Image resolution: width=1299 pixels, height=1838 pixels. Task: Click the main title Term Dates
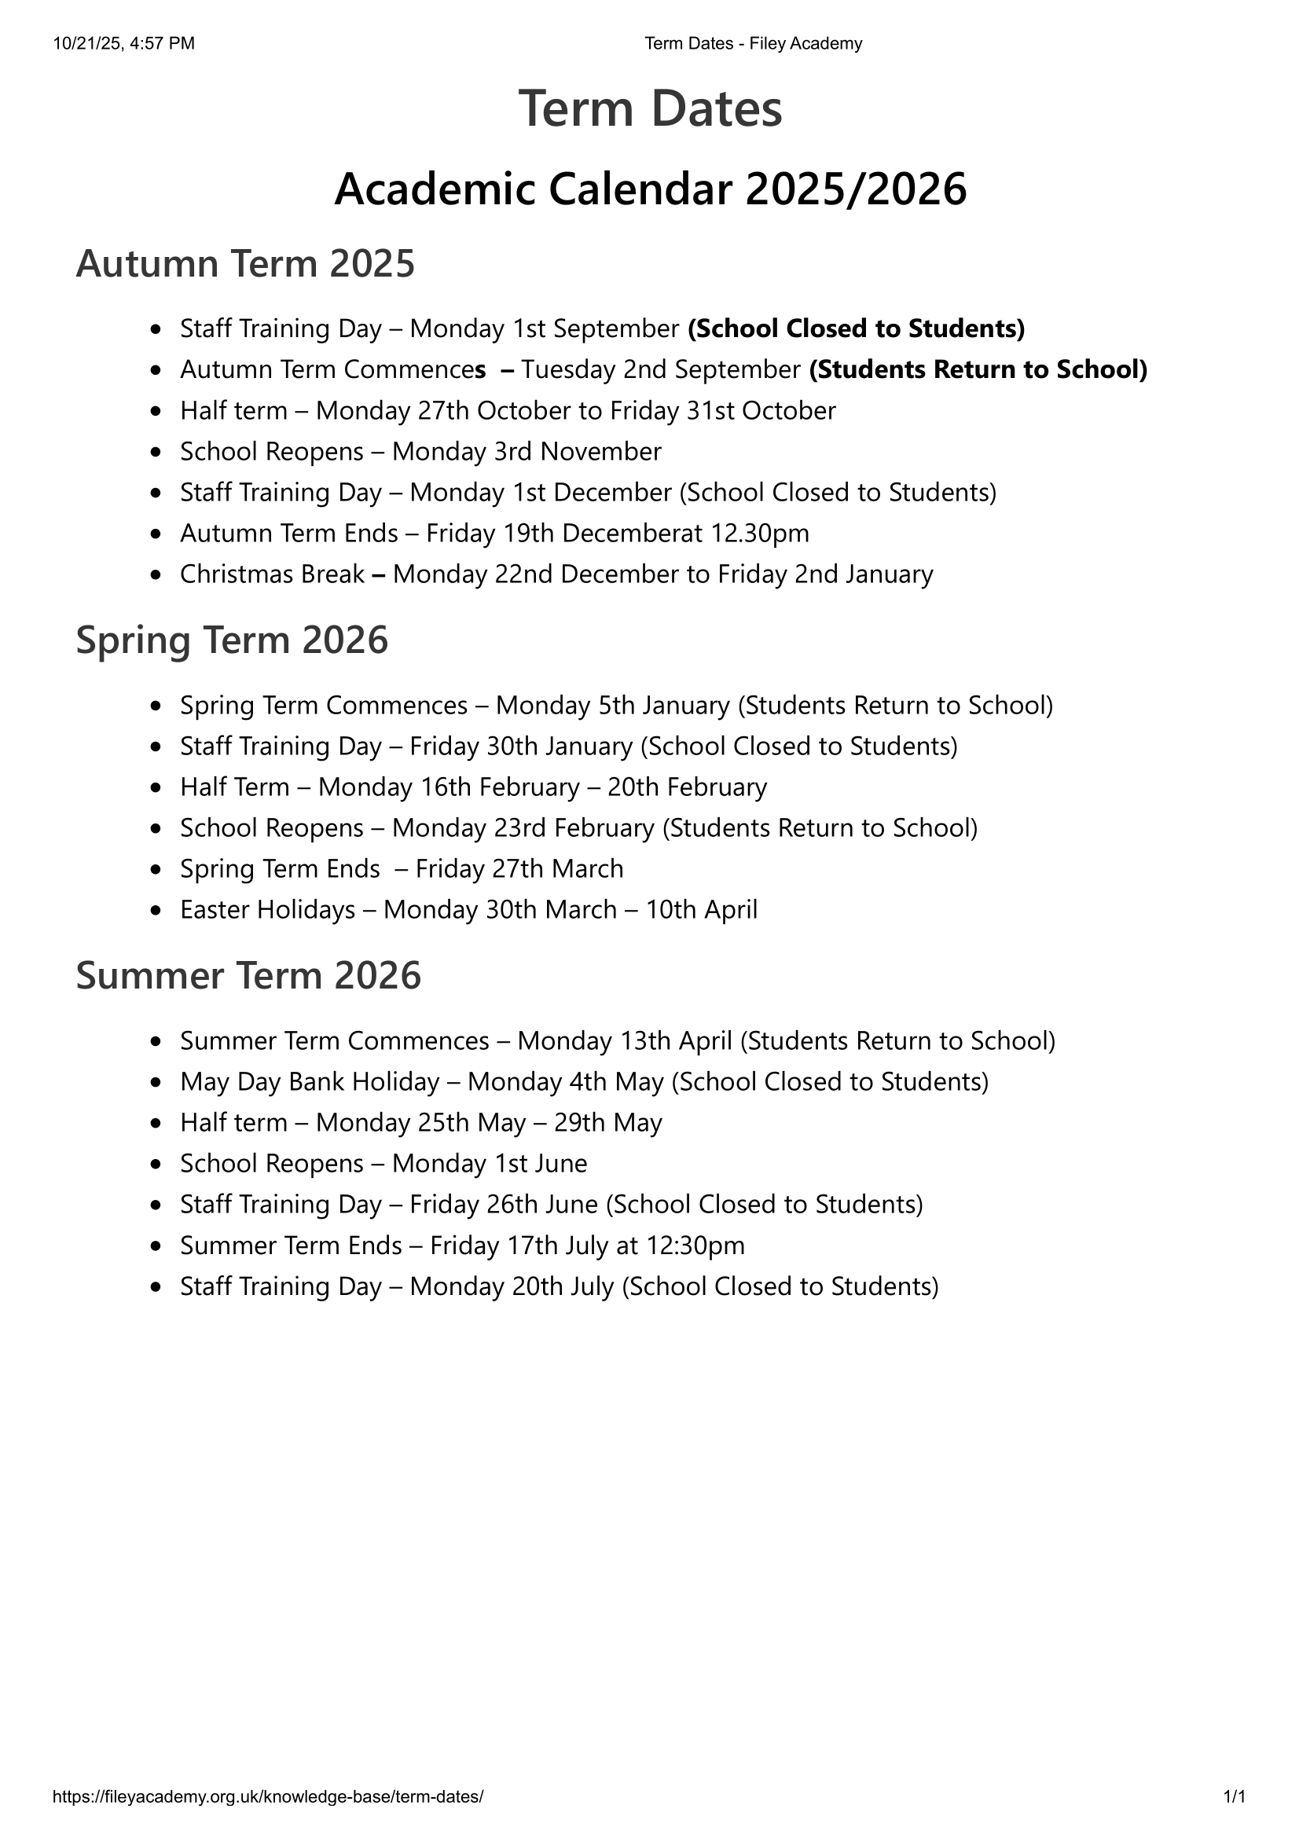point(649,109)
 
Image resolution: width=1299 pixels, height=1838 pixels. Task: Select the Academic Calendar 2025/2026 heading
point(649,189)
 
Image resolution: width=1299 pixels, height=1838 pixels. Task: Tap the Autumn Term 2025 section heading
point(245,264)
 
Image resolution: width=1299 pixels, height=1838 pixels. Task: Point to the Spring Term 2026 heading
point(231,640)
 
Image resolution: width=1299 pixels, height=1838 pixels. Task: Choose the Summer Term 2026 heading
point(248,976)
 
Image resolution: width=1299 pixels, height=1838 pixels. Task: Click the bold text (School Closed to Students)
point(856,329)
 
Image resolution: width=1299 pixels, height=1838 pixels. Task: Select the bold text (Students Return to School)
point(978,370)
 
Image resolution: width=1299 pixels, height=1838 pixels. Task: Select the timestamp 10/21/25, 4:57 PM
point(124,44)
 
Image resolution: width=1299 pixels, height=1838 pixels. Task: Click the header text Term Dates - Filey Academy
point(752,44)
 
